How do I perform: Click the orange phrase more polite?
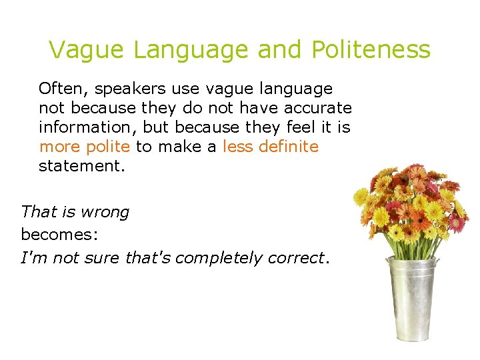click(84, 147)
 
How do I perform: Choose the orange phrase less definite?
click(271, 147)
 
